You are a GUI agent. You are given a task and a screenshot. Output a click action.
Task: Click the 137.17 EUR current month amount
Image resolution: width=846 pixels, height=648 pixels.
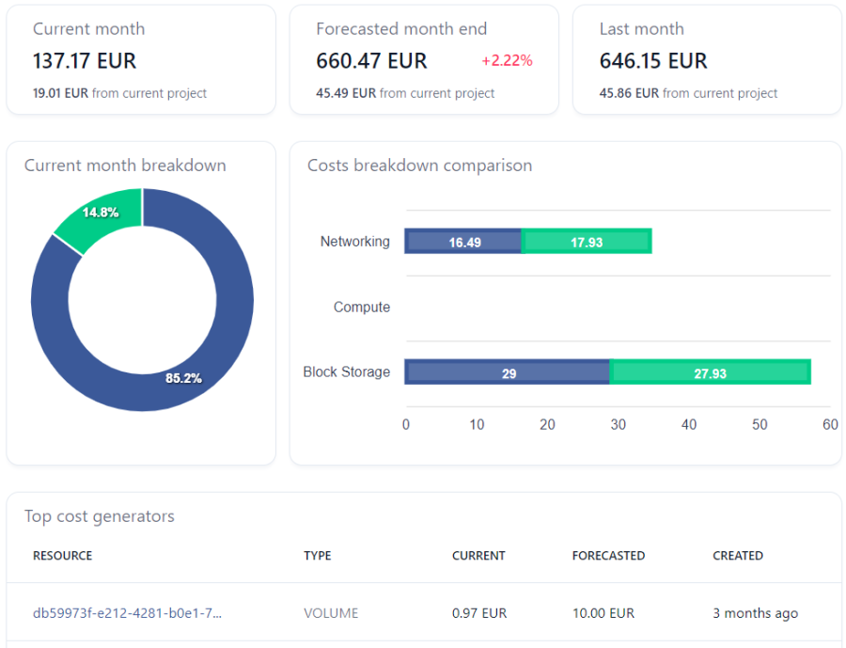(85, 61)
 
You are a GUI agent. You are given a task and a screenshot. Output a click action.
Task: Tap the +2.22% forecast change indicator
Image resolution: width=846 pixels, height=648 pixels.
(507, 60)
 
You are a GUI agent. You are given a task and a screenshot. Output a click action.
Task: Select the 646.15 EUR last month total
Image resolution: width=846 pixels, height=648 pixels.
(653, 61)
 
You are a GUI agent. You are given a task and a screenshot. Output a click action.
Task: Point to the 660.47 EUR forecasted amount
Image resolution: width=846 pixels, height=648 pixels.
(371, 61)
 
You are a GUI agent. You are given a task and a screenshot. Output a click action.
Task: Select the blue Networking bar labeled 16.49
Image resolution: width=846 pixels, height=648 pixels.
(462, 242)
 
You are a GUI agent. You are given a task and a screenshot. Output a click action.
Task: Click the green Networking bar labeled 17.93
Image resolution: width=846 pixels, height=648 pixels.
(587, 242)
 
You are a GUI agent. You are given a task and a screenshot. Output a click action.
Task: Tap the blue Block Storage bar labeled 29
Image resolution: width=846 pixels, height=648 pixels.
(508, 372)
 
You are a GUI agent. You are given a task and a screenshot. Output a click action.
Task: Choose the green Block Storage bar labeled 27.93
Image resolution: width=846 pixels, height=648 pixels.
(710, 372)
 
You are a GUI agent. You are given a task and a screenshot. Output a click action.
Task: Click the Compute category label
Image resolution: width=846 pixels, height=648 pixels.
(362, 307)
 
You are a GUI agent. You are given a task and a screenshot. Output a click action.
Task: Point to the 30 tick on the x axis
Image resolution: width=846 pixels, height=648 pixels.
(619, 424)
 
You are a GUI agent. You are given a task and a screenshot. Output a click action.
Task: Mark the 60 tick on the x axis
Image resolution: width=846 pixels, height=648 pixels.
(830, 424)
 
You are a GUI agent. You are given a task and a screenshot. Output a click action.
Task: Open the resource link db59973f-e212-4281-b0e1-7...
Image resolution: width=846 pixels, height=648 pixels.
(127, 613)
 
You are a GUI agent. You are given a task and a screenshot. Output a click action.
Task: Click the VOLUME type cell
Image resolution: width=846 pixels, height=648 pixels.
(331, 613)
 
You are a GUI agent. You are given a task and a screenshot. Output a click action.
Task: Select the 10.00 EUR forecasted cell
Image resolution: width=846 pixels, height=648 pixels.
(603, 613)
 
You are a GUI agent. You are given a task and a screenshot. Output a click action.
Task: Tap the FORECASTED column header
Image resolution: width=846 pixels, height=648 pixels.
(608, 556)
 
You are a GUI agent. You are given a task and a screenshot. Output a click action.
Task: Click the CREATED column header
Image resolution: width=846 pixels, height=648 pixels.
(738, 556)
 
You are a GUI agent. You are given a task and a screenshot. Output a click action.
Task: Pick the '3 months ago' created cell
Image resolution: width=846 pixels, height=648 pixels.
(756, 613)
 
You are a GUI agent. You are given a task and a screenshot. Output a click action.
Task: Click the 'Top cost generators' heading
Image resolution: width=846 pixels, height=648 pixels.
(100, 516)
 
